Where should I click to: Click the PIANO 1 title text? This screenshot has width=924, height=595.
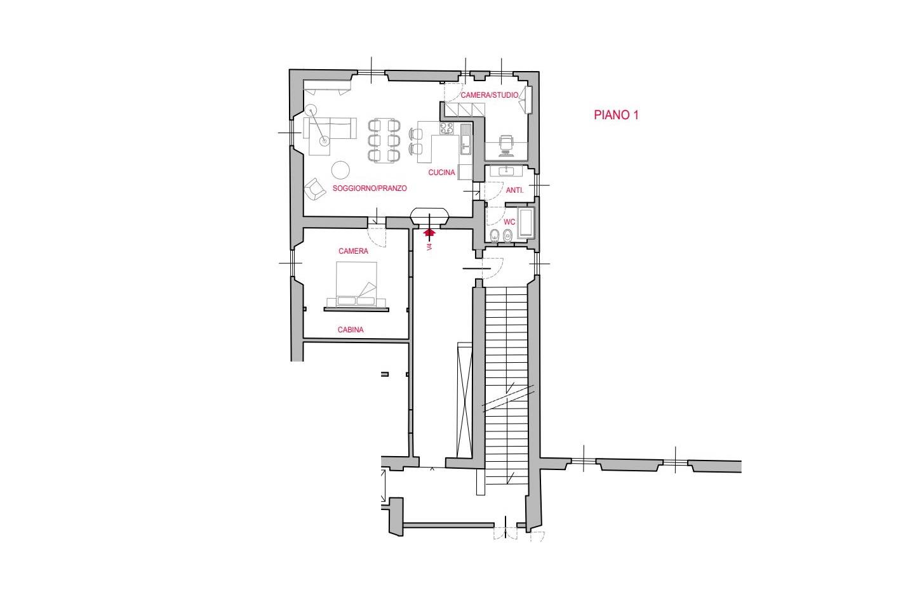[x=615, y=115]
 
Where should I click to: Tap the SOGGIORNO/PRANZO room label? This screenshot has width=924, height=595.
[x=370, y=188]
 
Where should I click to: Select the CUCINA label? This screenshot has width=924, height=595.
[x=441, y=173]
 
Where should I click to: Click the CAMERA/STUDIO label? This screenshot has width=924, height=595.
[x=489, y=95]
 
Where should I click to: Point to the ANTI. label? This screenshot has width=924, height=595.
[x=514, y=190]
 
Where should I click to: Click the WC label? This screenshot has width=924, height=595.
[x=509, y=222]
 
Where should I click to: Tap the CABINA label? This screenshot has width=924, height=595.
[x=351, y=330]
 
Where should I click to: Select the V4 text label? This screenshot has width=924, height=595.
[x=429, y=247]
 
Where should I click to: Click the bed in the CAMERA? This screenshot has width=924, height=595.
[x=356, y=284]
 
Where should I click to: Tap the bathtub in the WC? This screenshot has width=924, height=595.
[x=526, y=223]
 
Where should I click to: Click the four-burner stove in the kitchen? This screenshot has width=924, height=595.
[x=446, y=129]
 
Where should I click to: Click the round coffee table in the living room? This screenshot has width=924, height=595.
[x=341, y=170]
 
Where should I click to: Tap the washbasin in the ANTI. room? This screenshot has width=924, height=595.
[x=506, y=170]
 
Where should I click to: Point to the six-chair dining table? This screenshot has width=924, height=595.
[x=384, y=140]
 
